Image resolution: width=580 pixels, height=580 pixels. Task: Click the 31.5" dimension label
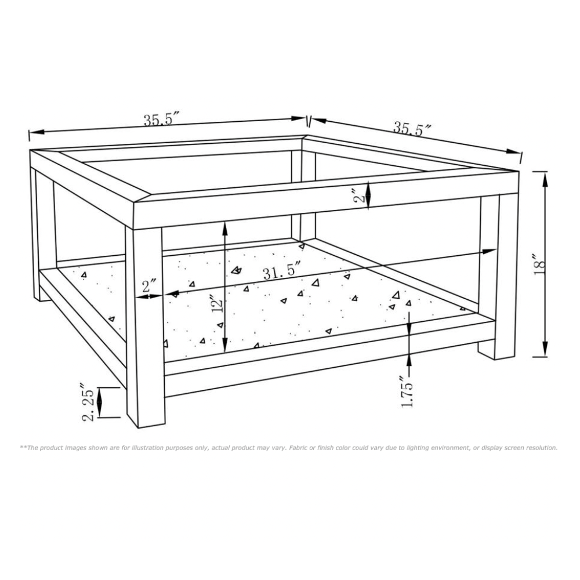pos(281,271)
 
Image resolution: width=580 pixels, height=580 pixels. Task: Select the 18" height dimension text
pos(539,264)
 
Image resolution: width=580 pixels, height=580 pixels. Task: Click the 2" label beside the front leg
pos(149,285)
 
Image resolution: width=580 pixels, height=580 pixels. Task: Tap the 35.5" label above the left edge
pos(164,119)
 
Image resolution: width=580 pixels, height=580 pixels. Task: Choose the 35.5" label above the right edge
pos(412,128)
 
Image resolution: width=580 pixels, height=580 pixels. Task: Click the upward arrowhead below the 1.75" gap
pos(409,360)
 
